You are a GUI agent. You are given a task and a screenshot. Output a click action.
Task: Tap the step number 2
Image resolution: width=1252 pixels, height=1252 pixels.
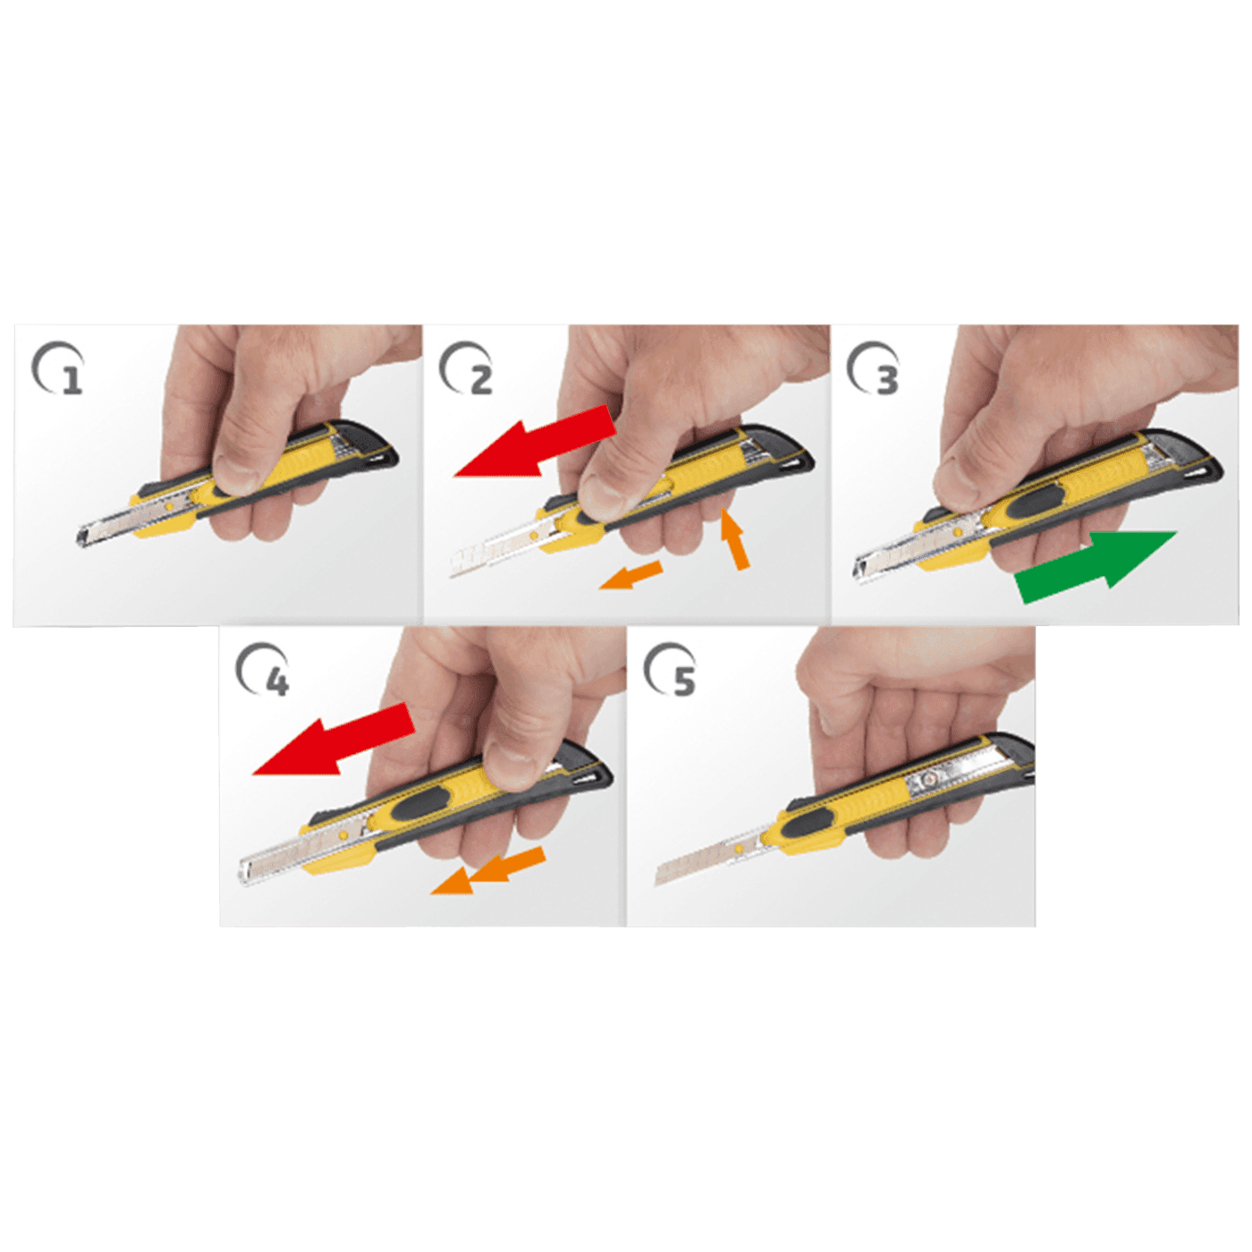coord(480,380)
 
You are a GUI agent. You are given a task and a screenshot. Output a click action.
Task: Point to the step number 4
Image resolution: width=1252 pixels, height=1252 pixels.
coord(277,682)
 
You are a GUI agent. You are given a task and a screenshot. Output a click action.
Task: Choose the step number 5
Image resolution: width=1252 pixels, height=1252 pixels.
coord(683,681)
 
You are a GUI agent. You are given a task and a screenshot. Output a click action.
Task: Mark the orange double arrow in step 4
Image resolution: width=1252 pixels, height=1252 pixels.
coord(490,871)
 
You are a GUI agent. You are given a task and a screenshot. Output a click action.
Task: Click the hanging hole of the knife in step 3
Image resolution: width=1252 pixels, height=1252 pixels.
coord(1205,472)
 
